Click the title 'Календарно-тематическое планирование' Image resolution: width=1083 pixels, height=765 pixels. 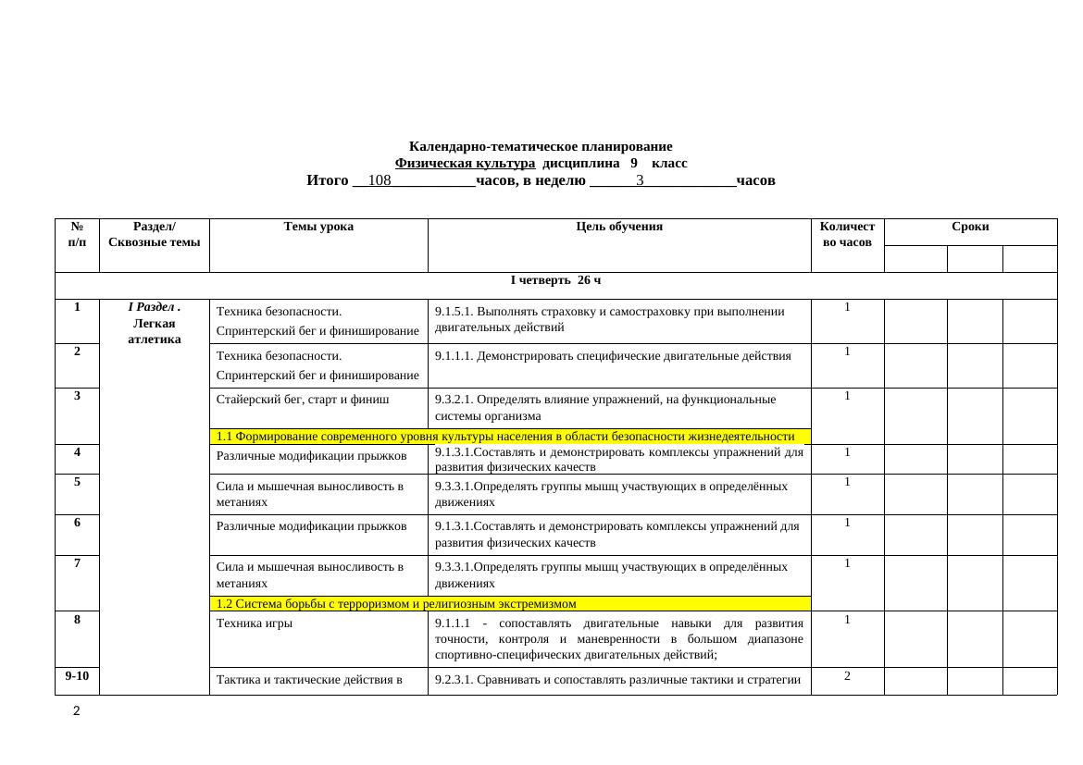coord(541,146)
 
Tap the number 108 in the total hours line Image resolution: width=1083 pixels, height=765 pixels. coord(380,180)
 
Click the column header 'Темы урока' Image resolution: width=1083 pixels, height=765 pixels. coord(318,226)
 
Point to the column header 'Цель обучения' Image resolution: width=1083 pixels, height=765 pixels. coord(619,226)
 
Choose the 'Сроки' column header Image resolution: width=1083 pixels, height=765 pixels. coord(970,227)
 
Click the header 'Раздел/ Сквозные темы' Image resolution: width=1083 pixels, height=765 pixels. coord(155,234)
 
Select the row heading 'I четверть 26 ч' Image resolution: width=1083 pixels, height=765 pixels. coord(555,280)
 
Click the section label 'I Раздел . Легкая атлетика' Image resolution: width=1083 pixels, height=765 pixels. coord(155,323)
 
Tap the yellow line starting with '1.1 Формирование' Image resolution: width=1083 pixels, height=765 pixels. coord(504,437)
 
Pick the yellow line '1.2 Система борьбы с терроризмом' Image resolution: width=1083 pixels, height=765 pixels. coord(396,604)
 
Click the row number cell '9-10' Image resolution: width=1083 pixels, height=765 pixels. coord(77,676)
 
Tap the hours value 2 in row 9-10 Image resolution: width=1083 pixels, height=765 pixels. coord(847,676)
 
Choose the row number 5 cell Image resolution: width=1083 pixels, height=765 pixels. coord(78,482)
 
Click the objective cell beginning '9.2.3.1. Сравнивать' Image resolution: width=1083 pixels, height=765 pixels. coord(618,681)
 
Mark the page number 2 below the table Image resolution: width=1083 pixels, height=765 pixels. coord(77,711)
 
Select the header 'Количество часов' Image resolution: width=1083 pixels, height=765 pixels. coord(847,234)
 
